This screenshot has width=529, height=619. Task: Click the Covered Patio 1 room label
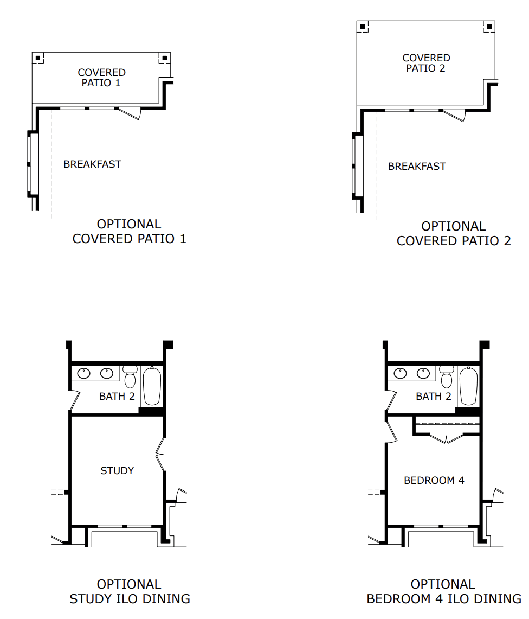point(101,78)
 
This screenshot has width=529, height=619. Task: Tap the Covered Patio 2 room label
point(426,63)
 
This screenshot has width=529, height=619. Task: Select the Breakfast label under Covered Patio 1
point(92,164)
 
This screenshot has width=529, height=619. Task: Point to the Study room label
point(117,470)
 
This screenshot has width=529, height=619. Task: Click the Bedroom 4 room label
point(434,481)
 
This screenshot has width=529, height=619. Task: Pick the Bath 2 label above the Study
point(117,396)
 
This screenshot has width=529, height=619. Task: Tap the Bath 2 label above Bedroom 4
point(434,396)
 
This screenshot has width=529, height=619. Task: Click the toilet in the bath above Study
point(130,376)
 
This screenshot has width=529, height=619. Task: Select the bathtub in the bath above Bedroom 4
point(469,386)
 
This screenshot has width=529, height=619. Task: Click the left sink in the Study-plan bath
point(83,373)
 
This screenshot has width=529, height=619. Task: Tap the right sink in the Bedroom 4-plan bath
point(423,373)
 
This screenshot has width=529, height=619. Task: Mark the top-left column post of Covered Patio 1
point(38,58)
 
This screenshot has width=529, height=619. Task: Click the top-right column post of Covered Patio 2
point(489,27)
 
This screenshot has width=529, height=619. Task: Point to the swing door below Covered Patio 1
point(130,113)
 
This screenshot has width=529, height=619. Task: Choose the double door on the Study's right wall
point(160,455)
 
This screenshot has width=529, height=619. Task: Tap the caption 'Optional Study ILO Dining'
point(130,591)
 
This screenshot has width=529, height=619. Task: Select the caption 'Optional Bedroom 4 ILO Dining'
point(444,591)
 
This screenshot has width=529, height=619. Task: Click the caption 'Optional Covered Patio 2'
point(454,233)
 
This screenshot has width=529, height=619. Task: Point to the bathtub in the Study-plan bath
point(152,386)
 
